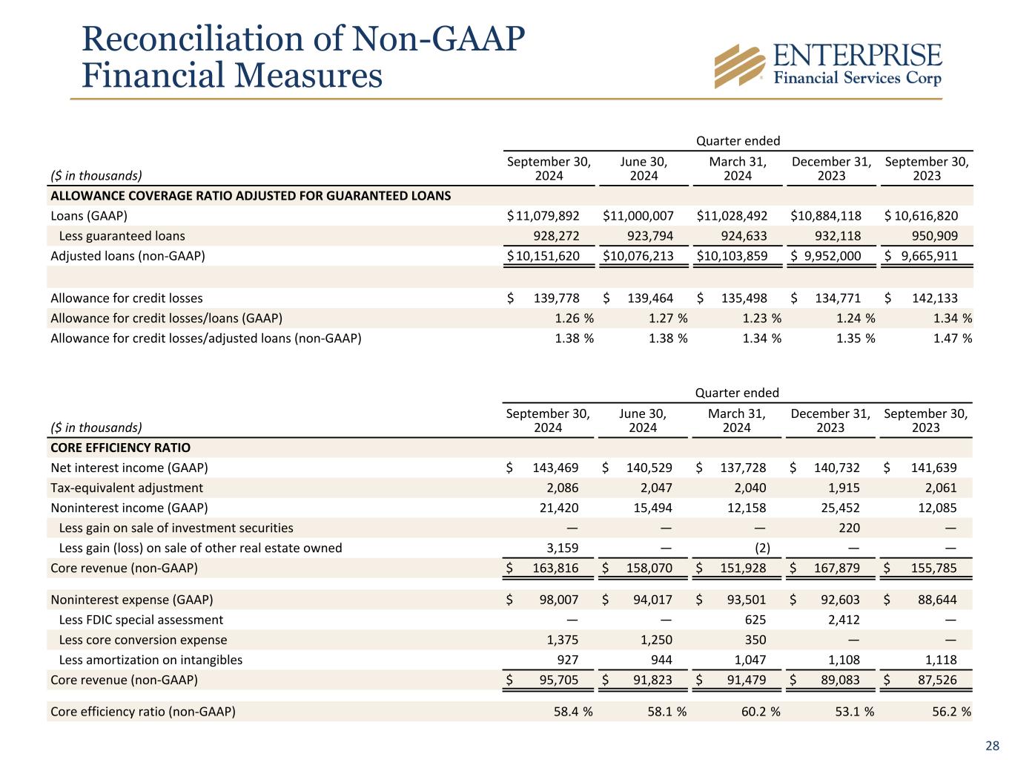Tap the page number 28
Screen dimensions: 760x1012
pyautogui.click(x=992, y=746)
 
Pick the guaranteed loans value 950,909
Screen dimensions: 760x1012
pyautogui.click(x=935, y=236)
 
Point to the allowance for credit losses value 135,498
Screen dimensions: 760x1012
pyautogui.click(x=744, y=298)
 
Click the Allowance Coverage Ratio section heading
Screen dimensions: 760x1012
pyautogui.click(x=251, y=196)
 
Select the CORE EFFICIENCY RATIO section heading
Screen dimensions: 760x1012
pyautogui.click(x=120, y=448)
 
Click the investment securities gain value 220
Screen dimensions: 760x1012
pyautogui.click(x=850, y=528)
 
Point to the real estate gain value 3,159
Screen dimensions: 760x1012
pyautogui.click(x=563, y=548)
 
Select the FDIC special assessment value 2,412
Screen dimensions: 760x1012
pyautogui.click(x=844, y=620)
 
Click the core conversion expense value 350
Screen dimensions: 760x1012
pyautogui.click(x=755, y=640)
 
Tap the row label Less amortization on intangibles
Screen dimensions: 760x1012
pyautogui.click(x=151, y=660)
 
